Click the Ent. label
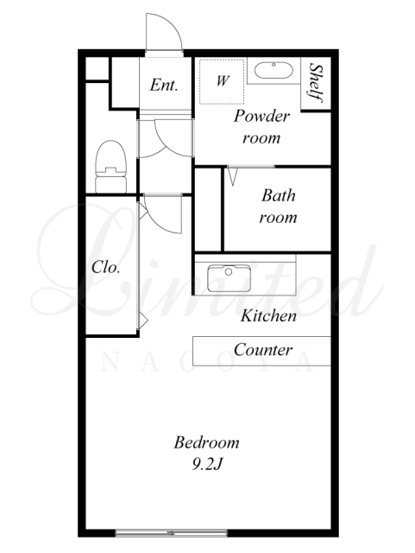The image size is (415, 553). (163, 85)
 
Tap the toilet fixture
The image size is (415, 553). (111, 167)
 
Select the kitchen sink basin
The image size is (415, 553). (229, 278)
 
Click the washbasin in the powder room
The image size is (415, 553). (274, 71)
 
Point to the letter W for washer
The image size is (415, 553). (223, 81)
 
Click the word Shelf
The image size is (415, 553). (316, 83)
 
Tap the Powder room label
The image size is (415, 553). (261, 127)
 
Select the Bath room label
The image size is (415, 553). (278, 207)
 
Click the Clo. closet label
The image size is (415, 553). (105, 267)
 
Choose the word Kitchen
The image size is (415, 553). (268, 315)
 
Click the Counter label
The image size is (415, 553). (263, 349)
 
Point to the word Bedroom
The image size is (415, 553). (206, 442)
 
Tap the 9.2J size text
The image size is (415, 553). (207, 465)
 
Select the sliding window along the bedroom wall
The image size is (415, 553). (171, 532)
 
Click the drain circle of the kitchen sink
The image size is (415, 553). (229, 271)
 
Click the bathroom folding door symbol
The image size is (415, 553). (232, 176)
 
